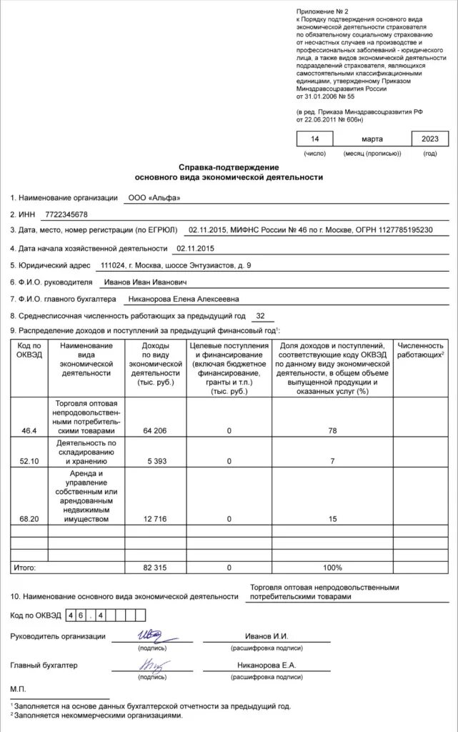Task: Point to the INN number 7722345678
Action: (x=66, y=214)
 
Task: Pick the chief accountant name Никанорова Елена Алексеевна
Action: (x=183, y=299)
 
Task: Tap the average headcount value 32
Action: (x=260, y=315)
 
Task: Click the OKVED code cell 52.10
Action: (x=29, y=461)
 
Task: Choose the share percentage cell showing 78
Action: (x=332, y=431)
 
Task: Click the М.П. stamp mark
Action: (x=18, y=688)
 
